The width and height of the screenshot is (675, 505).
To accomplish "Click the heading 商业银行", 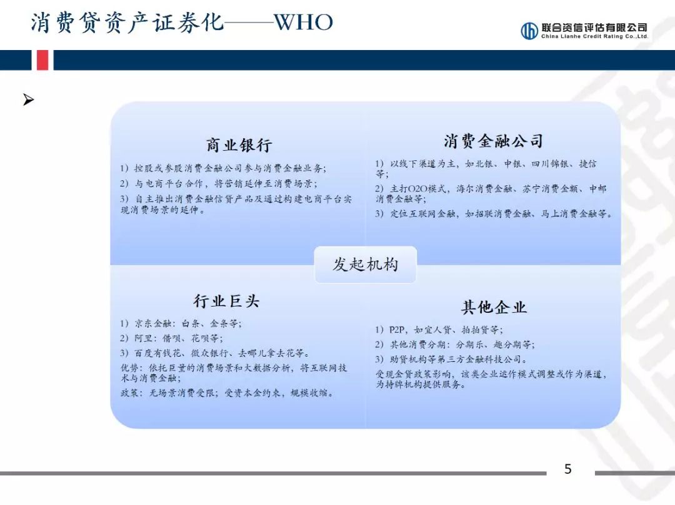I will coord(239,145).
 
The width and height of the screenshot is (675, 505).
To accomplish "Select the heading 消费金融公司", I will coord(493,140).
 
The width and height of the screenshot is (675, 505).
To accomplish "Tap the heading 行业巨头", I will coord(226,301).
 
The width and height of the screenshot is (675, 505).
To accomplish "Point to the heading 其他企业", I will coord(494,307).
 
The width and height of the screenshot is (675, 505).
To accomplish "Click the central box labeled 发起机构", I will coord(365,264).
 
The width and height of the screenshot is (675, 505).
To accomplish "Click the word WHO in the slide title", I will coord(303,23).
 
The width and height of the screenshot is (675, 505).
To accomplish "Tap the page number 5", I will coord(567,469).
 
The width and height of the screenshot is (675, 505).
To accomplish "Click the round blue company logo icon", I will coord(529,31).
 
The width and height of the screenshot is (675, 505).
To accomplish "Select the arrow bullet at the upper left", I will coord(28,99).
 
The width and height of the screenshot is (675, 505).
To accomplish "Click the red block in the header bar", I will coord(42,60).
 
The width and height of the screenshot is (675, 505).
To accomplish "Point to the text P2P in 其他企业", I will coord(397,329).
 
